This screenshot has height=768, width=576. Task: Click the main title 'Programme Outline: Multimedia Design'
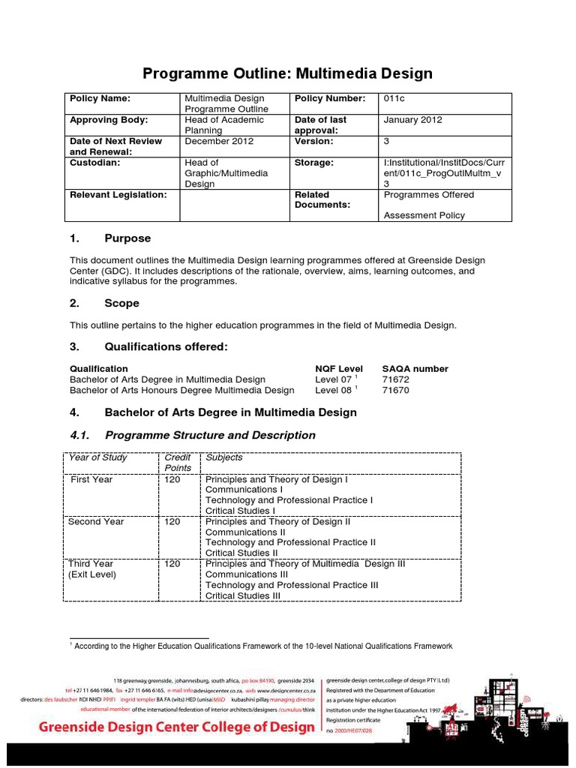coord(288,73)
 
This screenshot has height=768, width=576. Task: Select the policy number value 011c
coord(394,98)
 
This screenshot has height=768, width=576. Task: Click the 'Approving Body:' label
coord(109,120)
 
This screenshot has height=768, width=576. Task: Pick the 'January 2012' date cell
coord(412,120)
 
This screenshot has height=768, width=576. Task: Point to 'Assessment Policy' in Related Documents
coord(424,215)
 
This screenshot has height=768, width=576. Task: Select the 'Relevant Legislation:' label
coord(118,195)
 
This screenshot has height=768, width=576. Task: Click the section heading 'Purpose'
coord(127,238)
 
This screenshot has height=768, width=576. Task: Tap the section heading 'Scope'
coord(121,304)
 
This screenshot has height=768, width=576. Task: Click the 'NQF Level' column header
coord(339,369)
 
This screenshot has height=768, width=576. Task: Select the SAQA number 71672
coord(396,379)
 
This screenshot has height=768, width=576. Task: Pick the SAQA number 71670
coord(396,390)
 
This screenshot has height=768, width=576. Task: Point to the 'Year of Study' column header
coord(97,457)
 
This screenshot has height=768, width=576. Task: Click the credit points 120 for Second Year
coord(172,521)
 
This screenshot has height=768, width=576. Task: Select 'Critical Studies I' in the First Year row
coord(240,511)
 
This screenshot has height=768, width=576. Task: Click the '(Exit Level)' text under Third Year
coord(93,574)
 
